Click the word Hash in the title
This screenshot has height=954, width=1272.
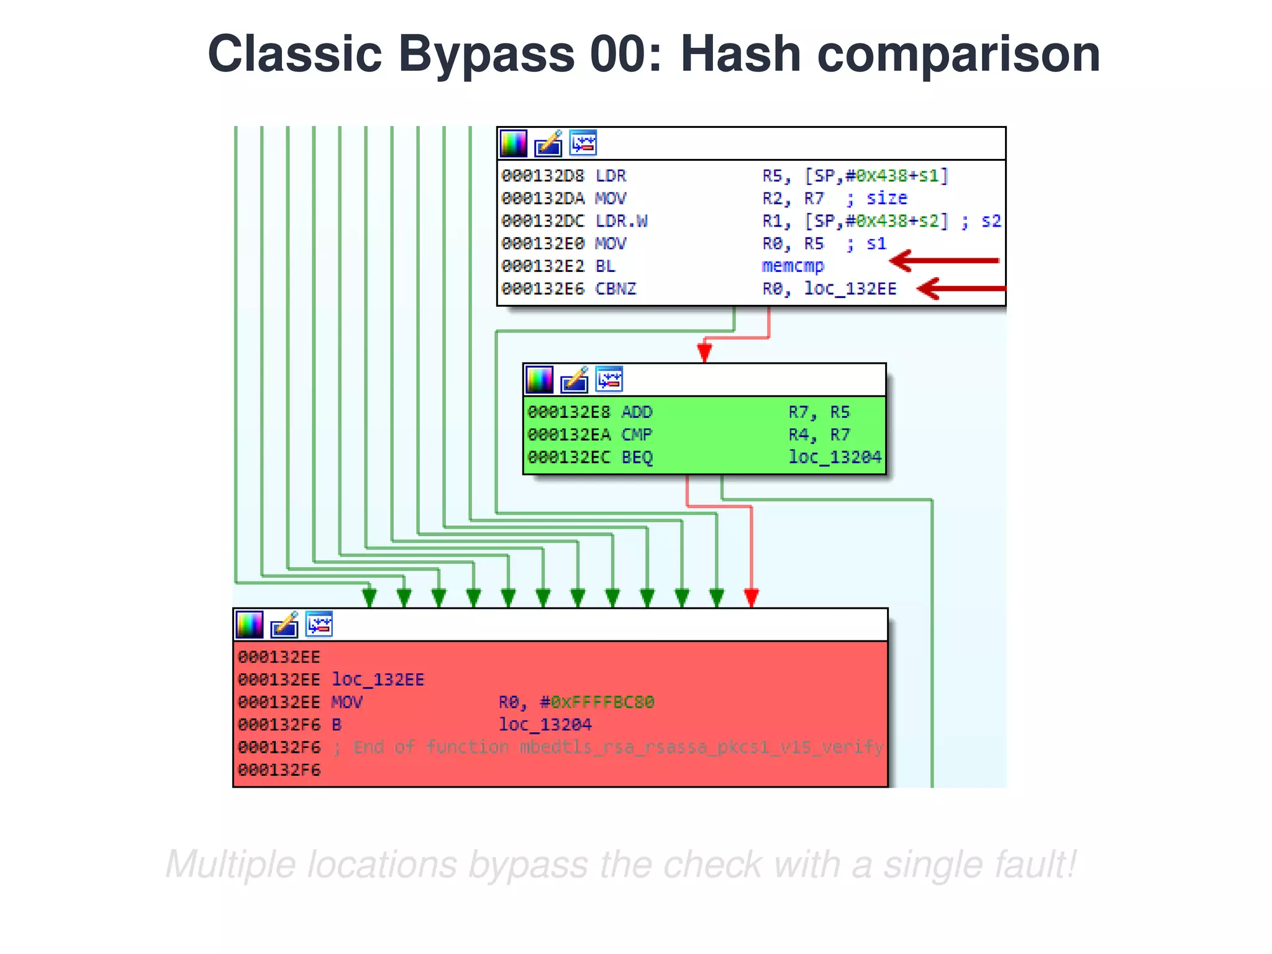pyautogui.click(x=740, y=55)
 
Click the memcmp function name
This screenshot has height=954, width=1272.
pyautogui.click(x=793, y=266)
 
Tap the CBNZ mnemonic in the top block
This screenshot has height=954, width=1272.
pyautogui.click(x=616, y=289)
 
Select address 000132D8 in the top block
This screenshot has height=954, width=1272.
pyautogui.click(x=543, y=176)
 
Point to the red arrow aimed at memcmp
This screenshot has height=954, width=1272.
pyautogui.click(x=944, y=261)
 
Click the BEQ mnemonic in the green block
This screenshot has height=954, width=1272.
pyautogui.click(x=637, y=458)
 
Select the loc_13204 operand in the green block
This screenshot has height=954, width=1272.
pyautogui.click(x=834, y=458)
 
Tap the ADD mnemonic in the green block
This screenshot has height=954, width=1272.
pyautogui.click(x=637, y=412)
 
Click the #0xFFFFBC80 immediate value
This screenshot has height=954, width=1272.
pyautogui.click(x=596, y=702)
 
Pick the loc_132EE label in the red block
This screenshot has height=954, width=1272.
pyautogui.click(x=378, y=679)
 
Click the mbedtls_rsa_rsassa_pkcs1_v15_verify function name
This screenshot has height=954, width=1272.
pyautogui.click(x=701, y=747)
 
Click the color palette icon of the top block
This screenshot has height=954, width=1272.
pyautogui.click(x=514, y=143)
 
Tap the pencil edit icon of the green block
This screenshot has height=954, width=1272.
pyautogui.click(x=575, y=379)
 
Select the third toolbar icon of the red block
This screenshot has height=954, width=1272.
pyautogui.click(x=319, y=624)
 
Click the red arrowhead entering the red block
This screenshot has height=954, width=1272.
pyautogui.click(x=751, y=597)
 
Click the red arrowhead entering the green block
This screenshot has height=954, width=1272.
pyautogui.click(x=704, y=352)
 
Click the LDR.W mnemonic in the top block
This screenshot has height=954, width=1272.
pyautogui.click(x=621, y=221)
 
